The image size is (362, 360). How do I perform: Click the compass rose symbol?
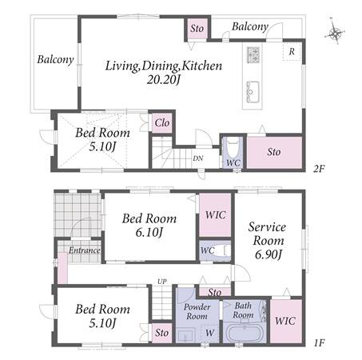335,32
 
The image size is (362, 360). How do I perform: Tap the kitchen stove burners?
253,54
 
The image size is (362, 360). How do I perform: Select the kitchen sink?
253,92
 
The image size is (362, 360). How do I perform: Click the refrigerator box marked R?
292,51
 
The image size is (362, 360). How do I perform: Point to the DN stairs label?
198,158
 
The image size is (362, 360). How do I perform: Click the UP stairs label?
162,282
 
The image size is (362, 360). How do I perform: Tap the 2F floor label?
319,169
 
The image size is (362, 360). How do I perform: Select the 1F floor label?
319,342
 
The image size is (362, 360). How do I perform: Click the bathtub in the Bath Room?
245,333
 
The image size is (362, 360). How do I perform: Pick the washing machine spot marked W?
209,333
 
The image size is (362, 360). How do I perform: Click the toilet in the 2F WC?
233,150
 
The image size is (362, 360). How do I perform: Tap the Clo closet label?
162,123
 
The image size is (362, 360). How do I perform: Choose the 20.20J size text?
164,79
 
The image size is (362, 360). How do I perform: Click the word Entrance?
85,250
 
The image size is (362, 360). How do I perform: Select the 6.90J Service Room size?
268,254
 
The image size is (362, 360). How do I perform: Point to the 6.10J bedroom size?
149,232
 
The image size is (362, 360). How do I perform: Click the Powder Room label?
197,311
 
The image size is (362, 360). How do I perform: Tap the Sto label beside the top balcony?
197,28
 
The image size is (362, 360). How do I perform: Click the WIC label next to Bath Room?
285,321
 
